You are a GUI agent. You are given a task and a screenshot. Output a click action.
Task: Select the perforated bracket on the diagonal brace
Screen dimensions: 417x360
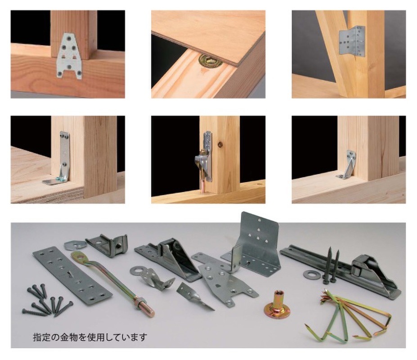352,41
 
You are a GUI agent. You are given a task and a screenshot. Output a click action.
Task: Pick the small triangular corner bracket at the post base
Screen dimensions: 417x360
347,165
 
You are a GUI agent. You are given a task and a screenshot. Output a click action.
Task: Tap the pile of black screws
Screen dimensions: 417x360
46,300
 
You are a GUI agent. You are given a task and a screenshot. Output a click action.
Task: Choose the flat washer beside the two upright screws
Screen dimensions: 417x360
312,274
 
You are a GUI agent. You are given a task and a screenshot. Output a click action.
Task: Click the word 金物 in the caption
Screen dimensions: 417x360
66,337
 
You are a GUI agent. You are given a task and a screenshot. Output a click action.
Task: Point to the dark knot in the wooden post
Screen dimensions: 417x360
220,145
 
